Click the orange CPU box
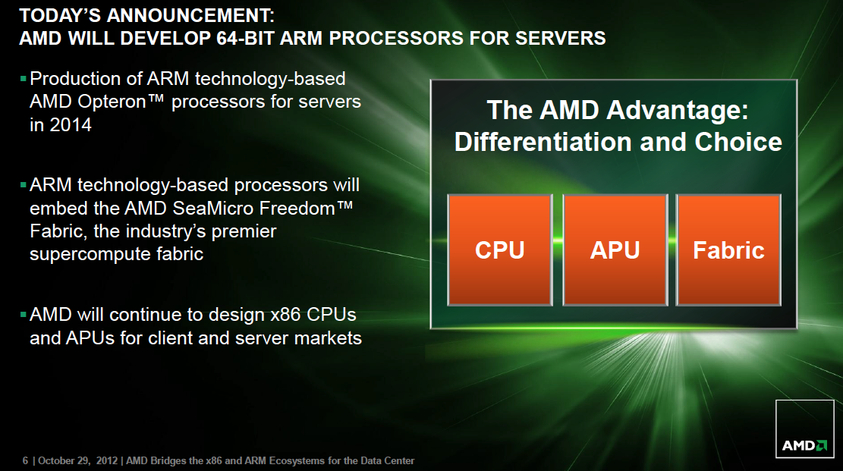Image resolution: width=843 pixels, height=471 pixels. pos(500,250)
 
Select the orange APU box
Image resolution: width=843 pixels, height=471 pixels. pos(615,250)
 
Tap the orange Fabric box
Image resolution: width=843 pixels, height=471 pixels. pos(728,250)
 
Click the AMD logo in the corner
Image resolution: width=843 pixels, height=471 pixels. pos(804,429)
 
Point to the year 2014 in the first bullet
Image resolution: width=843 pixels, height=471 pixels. pos(70,125)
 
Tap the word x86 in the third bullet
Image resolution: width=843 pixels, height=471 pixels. pos(285,315)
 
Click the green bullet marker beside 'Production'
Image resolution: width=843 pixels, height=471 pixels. pos(23,79)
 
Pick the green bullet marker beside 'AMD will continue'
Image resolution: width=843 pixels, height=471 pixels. pos(23,315)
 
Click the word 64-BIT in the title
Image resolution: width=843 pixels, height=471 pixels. pos(246,39)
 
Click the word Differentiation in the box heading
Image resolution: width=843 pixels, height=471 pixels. pos(543,143)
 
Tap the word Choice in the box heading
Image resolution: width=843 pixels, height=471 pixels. pos(738,143)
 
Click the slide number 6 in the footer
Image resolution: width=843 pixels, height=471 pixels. pos(25,461)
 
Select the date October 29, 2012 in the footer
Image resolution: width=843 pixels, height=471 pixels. pos(78,461)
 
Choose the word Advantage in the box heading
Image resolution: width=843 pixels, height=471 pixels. pos(678,111)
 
